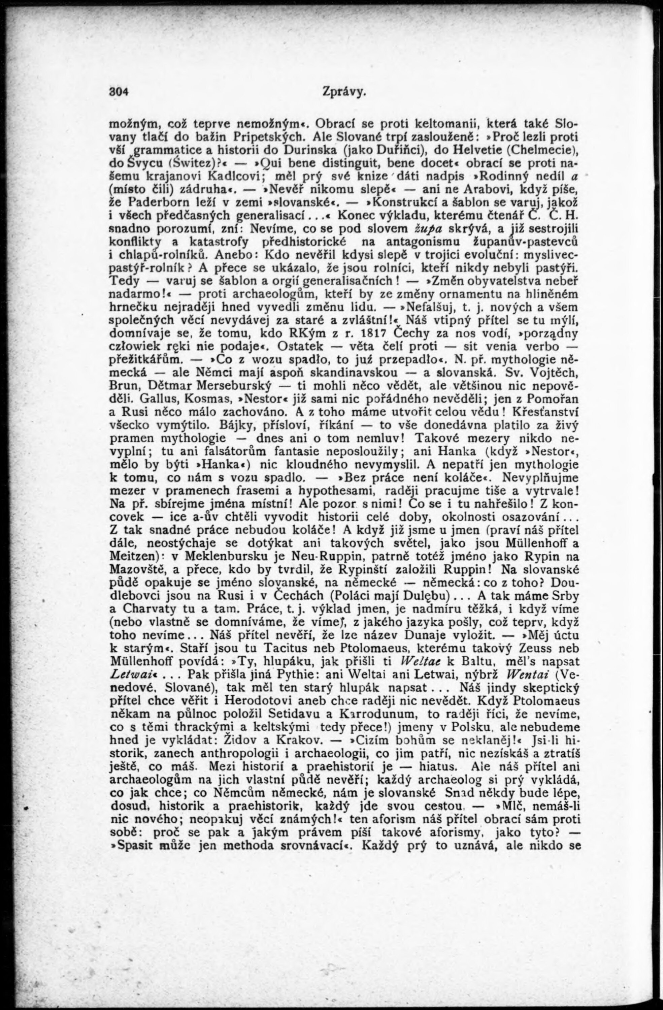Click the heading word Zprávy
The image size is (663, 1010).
tap(343, 92)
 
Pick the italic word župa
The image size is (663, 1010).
tap(428, 229)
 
